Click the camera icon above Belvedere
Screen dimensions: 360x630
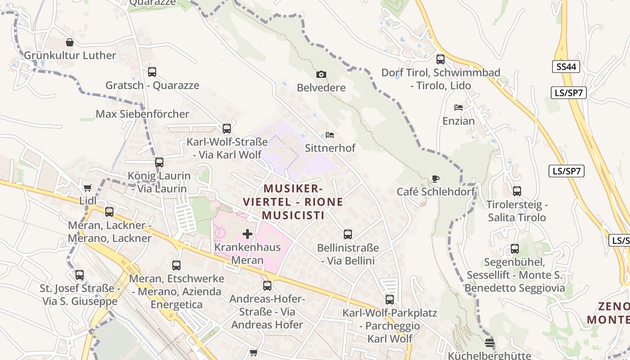[321, 74]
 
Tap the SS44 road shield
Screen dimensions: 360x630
[566, 67]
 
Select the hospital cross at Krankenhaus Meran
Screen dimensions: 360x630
[247, 234]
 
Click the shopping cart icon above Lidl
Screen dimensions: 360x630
[87, 188]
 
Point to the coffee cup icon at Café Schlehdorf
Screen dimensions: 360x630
[435, 179]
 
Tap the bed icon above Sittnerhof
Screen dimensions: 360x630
[330, 135]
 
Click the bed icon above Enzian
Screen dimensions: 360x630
[459, 108]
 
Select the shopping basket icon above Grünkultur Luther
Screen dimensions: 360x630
[70, 42]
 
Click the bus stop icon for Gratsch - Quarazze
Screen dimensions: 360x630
[152, 72]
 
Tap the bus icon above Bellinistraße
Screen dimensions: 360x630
[348, 234]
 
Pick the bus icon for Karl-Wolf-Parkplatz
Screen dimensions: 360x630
[390, 299]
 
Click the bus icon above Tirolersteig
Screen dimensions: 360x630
[517, 191]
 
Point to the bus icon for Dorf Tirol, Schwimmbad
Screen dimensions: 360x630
[441, 59]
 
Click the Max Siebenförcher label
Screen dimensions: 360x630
[142, 114]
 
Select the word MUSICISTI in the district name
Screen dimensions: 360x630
[293, 216]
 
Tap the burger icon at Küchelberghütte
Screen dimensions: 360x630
[490, 342]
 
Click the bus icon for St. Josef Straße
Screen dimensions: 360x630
[80, 274]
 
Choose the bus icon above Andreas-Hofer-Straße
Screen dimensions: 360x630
[267, 286]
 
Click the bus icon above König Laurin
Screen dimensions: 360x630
[159, 162]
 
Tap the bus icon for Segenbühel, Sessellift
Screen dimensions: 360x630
[515, 249]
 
